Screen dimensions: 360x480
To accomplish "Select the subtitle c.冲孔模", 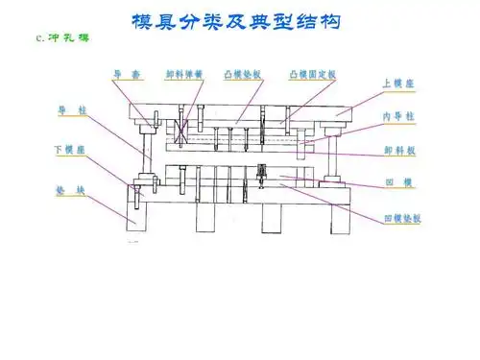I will click(60, 38).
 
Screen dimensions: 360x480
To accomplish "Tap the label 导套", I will click(129, 73).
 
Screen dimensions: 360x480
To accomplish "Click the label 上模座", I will click(400, 84).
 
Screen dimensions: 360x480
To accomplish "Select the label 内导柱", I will click(399, 116).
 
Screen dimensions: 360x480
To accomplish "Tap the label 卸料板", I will click(399, 151).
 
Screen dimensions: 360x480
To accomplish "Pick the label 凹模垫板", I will click(402, 218).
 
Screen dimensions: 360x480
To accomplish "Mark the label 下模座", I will click(69, 150).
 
